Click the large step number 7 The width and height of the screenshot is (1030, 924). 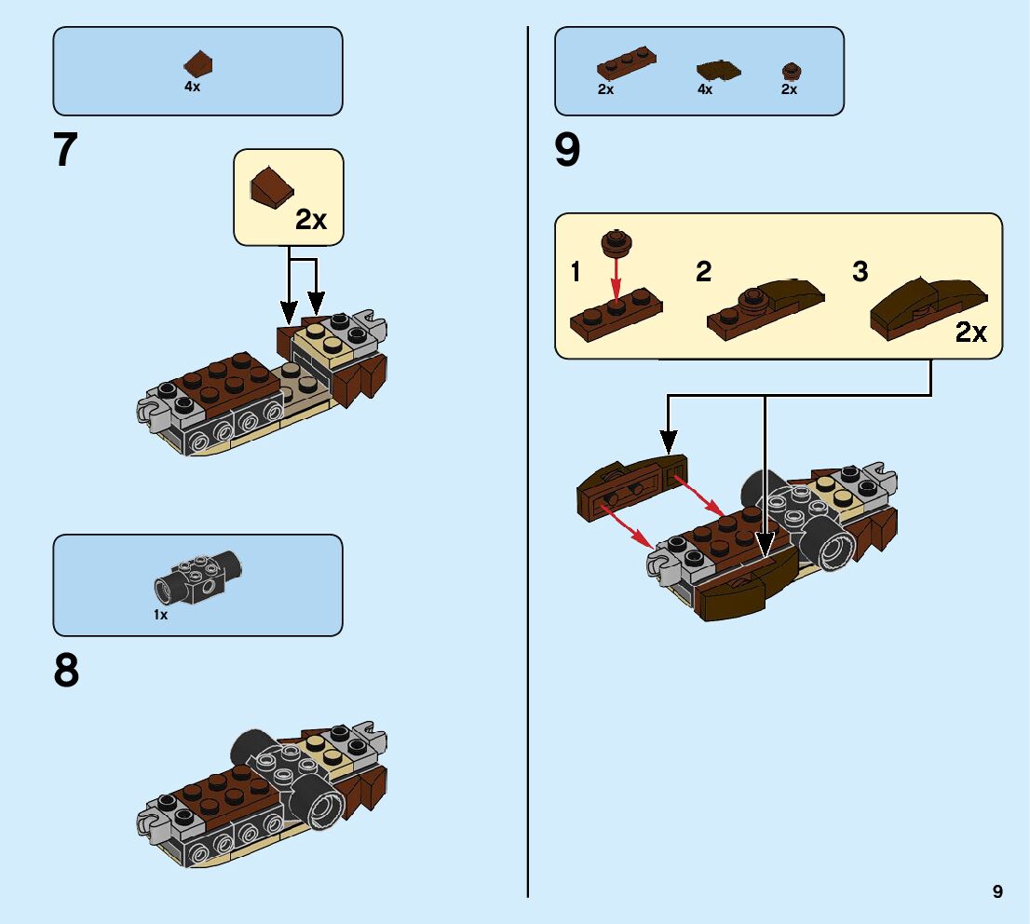[x=66, y=151]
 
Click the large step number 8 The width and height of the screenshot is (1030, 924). [x=66, y=671]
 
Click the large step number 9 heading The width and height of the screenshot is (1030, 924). [x=567, y=151]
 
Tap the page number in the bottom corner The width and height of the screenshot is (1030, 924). [x=997, y=891]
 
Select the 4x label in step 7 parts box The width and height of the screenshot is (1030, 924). [x=193, y=87]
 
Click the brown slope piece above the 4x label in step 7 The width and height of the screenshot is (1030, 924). [x=199, y=64]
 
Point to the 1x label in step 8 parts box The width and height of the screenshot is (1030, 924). [x=161, y=615]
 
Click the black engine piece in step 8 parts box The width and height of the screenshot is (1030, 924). [x=197, y=577]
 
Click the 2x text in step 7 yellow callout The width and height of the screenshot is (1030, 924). [x=311, y=220]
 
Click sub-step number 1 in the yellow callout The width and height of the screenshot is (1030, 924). [x=576, y=272]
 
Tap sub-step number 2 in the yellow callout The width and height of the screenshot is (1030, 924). [x=704, y=272]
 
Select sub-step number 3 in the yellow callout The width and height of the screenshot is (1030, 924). [x=861, y=272]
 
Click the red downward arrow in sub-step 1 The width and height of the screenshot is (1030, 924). [x=614, y=279]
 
